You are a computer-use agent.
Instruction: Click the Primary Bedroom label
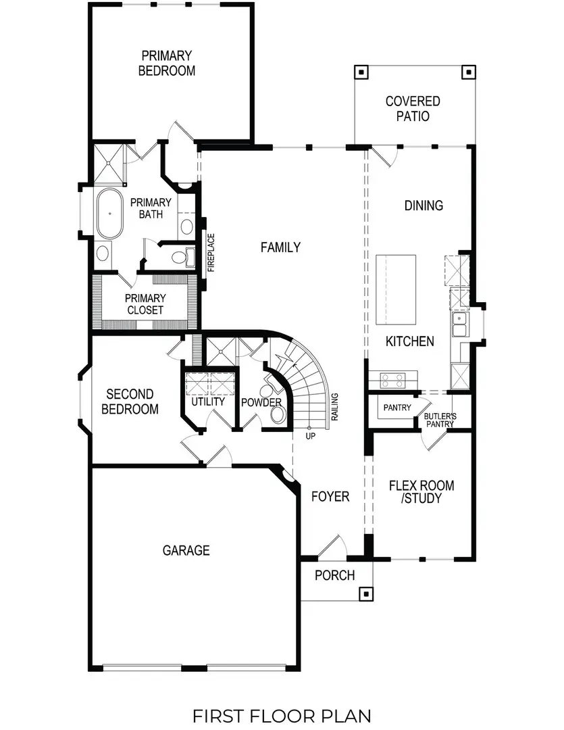pyautogui.click(x=167, y=63)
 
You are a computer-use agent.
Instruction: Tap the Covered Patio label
pyautogui.click(x=413, y=108)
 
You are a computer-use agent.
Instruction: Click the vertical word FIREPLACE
pyautogui.click(x=211, y=253)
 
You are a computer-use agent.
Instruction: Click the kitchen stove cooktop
pyautogui.click(x=392, y=381)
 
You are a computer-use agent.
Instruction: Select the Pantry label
pyautogui.click(x=396, y=408)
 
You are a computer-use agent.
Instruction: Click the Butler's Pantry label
pyautogui.click(x=440, y=420)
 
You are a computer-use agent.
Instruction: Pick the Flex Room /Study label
pyautogui.click(x=421, y=492)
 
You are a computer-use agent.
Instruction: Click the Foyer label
pyautogui.click(x=330, y=497)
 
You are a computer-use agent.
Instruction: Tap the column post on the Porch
pyautogui.click(x=365, y=594)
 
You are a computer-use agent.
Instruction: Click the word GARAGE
pyautogui.click(x=186, y=550)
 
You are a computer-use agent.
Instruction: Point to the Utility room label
pyautogui.click(x=207, y=402)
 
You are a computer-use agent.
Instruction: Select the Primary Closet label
pyautogui.click(x=145, y=303)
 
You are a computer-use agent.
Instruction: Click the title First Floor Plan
pyautogui.click(x=281, y=715)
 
